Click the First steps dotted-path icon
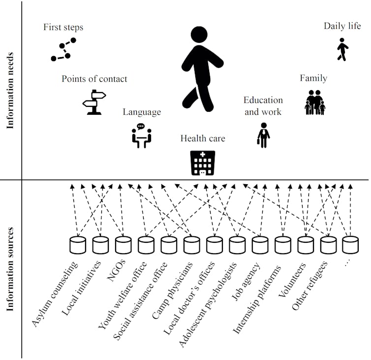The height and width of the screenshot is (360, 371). click(62, 51)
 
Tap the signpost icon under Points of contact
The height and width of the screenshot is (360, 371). click(94, 103)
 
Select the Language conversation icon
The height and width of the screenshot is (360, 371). click(141, 136)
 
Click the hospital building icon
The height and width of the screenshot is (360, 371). click(202, 163)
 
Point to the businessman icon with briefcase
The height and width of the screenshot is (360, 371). click(264, 135)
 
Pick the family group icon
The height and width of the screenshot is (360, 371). click(314, 102)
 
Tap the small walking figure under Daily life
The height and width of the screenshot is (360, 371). click(342, 51)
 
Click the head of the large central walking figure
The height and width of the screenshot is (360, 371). click(199, 35)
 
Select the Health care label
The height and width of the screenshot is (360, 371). click(202, 138)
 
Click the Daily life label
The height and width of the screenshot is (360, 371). click(342, 26)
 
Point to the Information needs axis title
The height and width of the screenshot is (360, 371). click(10, 91)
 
